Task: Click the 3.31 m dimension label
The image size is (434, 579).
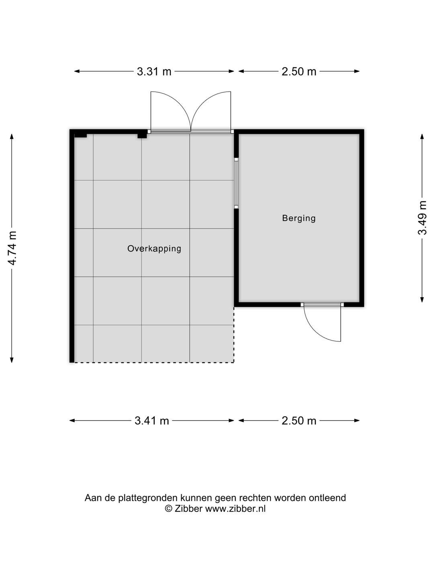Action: (154, 72)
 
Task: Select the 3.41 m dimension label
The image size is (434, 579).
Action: (151, 421)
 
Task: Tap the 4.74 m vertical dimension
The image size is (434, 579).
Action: (12, 248)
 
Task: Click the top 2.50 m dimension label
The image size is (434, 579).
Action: (299, 72)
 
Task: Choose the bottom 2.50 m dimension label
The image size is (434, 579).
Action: (299, 421)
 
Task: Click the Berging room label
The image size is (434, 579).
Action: (299, 218)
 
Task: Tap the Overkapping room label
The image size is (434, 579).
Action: (154, 248)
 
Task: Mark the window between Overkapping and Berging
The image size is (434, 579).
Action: (236, 183)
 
